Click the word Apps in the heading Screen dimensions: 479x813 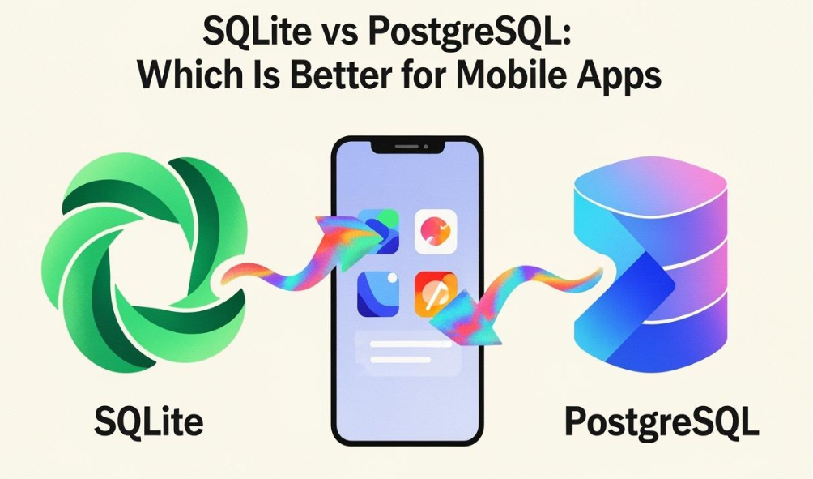621,79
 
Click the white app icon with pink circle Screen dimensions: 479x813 436,234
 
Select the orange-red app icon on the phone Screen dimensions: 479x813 435,293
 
